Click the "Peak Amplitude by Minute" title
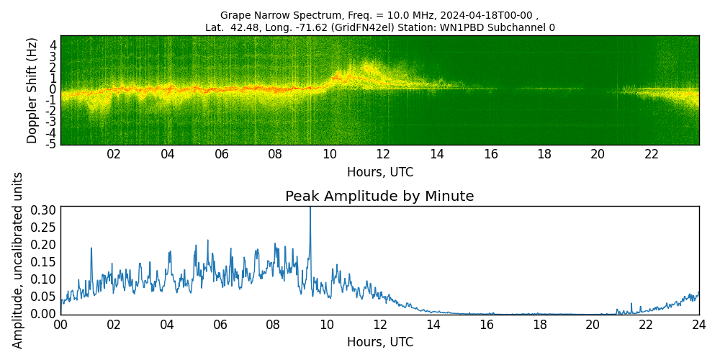pyautogui.click(x=379, y=197)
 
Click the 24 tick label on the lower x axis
pyautogui.click(x=698, y=324)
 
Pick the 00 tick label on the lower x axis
pyautogui.click(x=60, y=324)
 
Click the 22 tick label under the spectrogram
pyautogui.click(x=652, y=154)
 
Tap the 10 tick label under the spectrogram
pyautogui.click(x=329, y=154)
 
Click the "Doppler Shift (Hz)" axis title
pyautogui.click(x=32, y=90)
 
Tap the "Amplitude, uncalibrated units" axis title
pyautogui.click(x=18, y=260)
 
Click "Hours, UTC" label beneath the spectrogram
pyautogui.click(x=379, y=172)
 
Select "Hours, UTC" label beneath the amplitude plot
pyautogui.click(x=379, y=342)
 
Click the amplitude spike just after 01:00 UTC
pyautogui.click(x=91, y=248)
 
